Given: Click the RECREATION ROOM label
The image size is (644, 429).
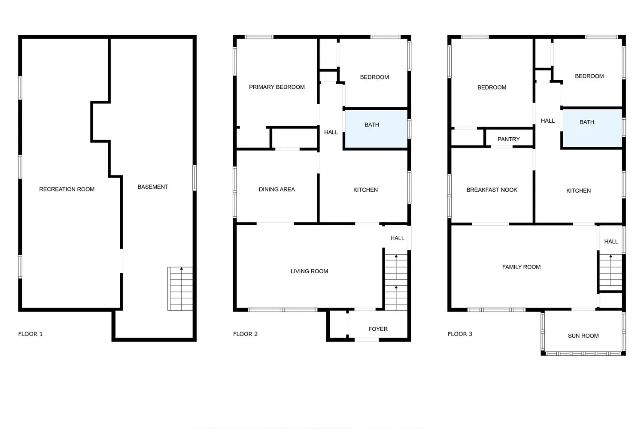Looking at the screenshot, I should (x=67, y=189).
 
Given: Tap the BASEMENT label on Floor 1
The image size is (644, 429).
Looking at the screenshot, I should (x=153, y=187).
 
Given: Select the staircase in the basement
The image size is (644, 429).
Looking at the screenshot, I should (x=180, y=289).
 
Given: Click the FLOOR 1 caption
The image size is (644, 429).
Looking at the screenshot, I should (x=30, y=334).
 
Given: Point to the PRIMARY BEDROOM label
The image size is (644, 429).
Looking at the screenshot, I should (x=277, y=87).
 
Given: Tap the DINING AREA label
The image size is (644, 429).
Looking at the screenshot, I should (x=277, y=189).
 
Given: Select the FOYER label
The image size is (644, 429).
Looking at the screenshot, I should (x=378, y=329).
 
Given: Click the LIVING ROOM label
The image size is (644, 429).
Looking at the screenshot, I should (x=309, y=271).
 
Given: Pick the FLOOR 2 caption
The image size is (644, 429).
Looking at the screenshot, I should (x=246, y=334).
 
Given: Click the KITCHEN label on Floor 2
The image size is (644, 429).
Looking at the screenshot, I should (x=365, y=190).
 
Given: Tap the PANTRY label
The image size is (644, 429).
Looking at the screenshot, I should (x=509, y=139).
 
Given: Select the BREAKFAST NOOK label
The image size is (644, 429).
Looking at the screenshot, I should (x=492, y=190).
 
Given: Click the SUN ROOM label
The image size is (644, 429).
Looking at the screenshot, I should (x=583, y=336).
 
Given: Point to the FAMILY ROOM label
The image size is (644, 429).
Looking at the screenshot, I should (x=521, y=267).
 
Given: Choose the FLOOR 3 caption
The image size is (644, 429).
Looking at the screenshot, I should (x=460, y=334).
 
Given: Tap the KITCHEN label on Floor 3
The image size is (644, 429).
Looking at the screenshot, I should (x=578, y=190).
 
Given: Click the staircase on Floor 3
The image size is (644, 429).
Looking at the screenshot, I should (x=611, y=271).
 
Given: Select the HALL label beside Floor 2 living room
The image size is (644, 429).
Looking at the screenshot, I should (x=397, y=238).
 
